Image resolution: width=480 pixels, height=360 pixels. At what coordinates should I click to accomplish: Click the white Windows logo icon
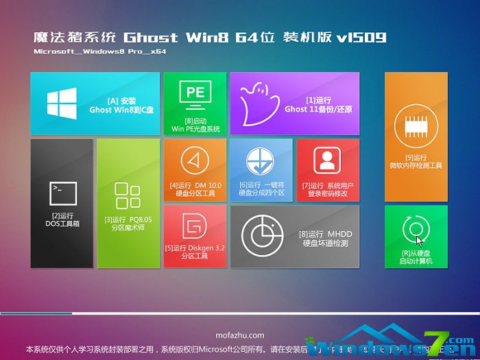pos(62,104)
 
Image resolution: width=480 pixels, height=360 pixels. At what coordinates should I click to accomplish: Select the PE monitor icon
pos(194,93)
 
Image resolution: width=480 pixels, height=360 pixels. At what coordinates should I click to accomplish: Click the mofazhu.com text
pos(240,335)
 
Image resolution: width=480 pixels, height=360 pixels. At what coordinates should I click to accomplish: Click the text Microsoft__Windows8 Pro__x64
pos(100,51)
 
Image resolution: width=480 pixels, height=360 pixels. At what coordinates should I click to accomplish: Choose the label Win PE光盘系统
pos(195,128)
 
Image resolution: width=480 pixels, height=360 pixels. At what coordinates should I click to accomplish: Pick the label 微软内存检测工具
pos(416,165)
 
